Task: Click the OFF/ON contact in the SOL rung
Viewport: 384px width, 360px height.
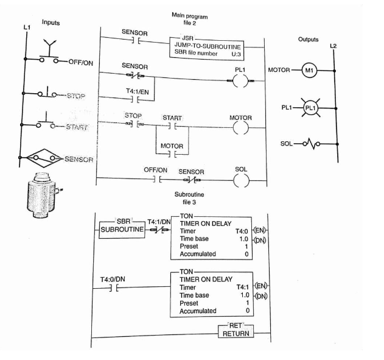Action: tap(157, 180)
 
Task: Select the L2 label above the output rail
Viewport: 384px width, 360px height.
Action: tap(332, 47)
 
